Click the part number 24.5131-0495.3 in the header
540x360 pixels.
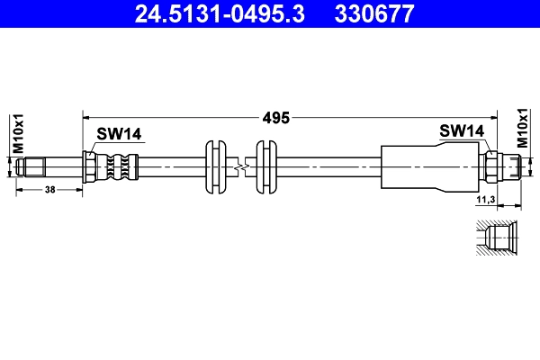click(221, 13)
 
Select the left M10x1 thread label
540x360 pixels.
click(16, 133)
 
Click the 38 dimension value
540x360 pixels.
click(50, 190)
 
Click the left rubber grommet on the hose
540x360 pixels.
click(215, 166)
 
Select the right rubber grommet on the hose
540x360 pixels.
click(265, 166)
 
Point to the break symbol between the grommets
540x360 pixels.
click(239, 166)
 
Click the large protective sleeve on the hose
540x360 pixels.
click(427, 166)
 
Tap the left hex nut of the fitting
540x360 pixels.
click(90, 166)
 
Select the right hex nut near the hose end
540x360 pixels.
click(492, 166)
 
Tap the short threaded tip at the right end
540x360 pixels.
click(514, 166)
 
